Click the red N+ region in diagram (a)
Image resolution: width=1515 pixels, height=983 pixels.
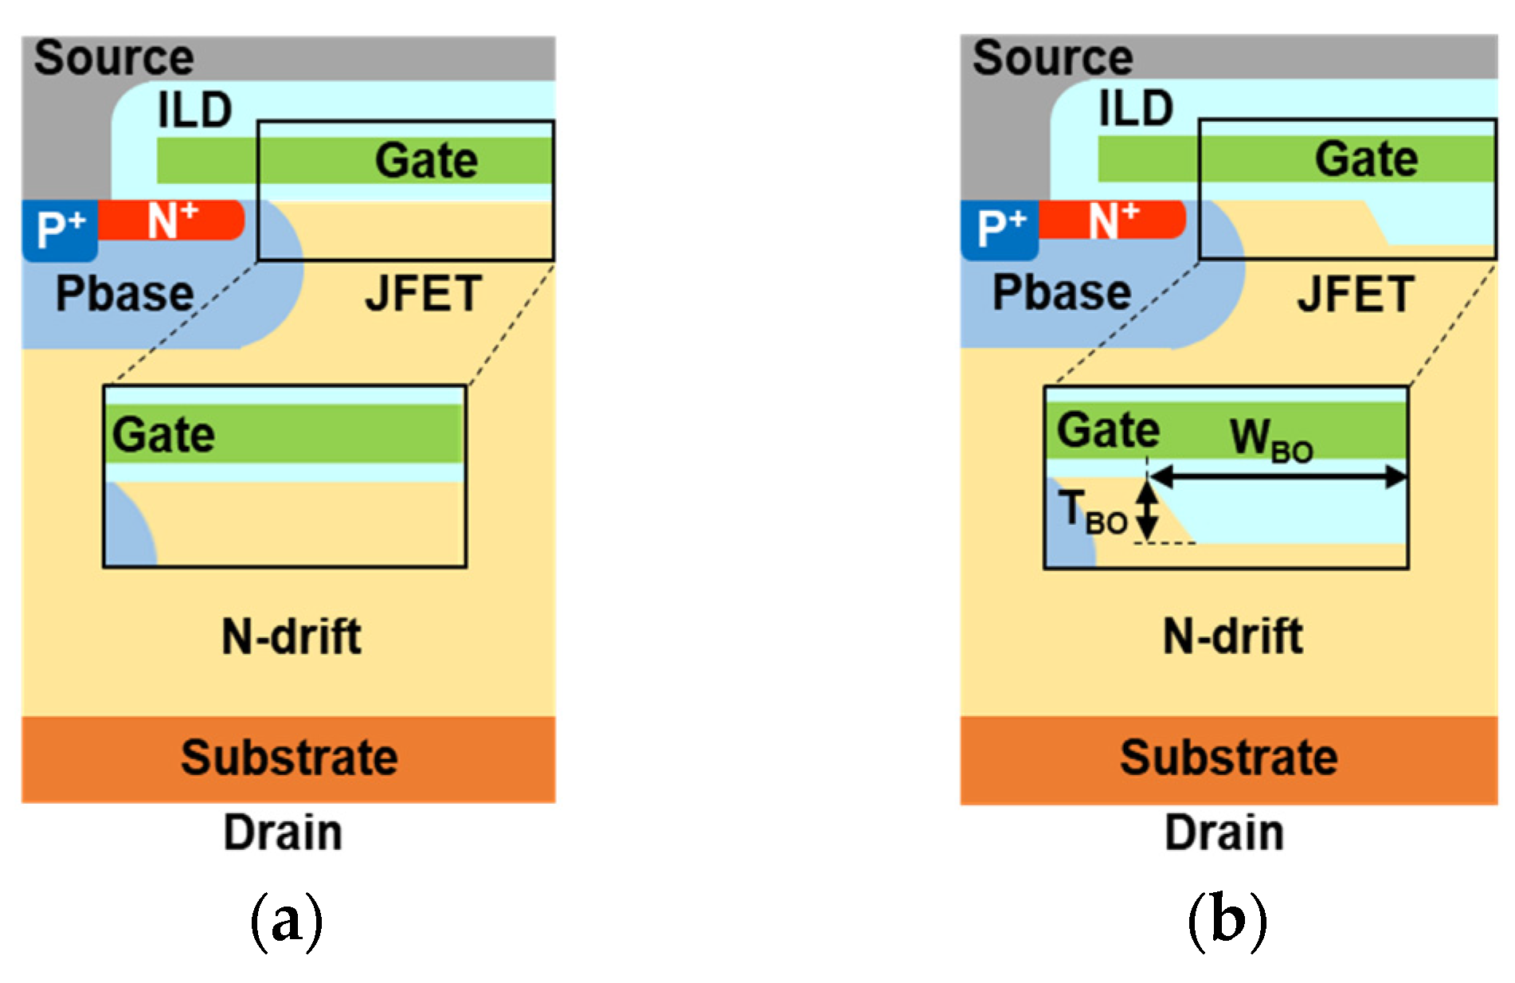point(170,221)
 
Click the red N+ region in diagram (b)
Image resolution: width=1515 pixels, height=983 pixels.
point(1112,221)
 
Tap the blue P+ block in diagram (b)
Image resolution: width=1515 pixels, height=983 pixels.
point(1000,230)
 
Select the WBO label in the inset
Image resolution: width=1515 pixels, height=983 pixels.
point(1271,440)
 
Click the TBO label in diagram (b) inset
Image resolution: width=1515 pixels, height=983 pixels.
point(1092,512)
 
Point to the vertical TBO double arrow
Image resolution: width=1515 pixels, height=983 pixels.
point(1147,510)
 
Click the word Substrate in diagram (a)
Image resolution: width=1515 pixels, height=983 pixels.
point(289,758)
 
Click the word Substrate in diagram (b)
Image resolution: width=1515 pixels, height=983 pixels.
point(1228,758)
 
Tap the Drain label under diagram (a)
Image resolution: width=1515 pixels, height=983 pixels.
point(283,832)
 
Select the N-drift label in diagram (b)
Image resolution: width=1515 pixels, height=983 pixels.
point(1232,636)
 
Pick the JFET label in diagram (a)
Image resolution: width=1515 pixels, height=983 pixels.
point(423,294)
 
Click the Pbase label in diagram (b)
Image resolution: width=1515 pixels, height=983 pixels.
point(1061,292)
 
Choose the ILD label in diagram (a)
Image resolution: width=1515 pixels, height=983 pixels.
point(194,110)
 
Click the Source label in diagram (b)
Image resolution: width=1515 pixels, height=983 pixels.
point(1052,57)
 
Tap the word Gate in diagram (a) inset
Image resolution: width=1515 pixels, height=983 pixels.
point(163,435)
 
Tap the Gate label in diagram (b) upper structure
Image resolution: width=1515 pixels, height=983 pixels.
point(1366,159)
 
